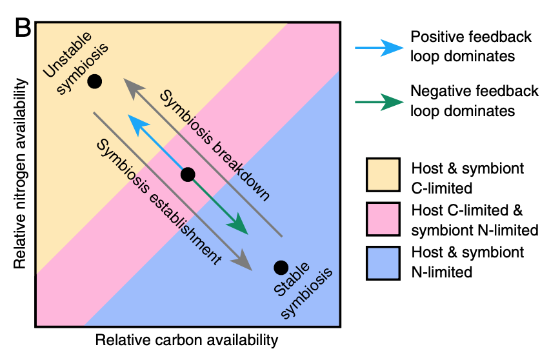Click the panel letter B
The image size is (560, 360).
pyautogui.click(x=23, y=28)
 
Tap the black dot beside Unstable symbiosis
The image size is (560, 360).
pyautogui.click(x=95, y=81)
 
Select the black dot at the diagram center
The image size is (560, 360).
pyautogui.click(x=188, y=175)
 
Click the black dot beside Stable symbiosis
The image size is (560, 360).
pyautogui.click(x=281, y=268)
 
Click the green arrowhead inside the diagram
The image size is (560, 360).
pyautogui.click(x=238, y=225)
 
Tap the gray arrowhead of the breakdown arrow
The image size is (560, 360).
pyautogui.click(x=133, y=88)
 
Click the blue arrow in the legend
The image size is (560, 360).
pyautogui.click(x=379, y=48)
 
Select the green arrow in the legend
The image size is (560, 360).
pyautogui.click(x=379, y=103)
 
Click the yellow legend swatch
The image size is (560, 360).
pyautogui.click(x=383, y=175)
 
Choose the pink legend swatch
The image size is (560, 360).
pyautogui.click(x=383, y=219)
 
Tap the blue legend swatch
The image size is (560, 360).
pyautogui.click(x=383, y=263)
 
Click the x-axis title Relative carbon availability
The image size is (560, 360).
pyautogui.click(x=186, y=340)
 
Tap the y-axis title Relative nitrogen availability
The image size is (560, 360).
pyautogui.click(x=20, y=174)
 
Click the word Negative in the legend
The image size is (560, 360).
pyautogui.click(x=441, y=91)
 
